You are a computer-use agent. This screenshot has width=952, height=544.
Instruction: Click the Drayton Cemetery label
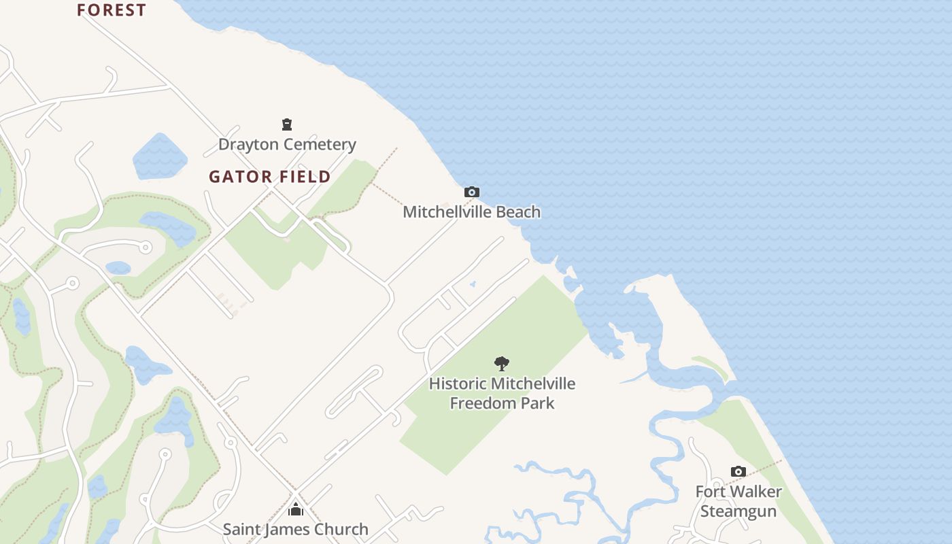click(287, 144)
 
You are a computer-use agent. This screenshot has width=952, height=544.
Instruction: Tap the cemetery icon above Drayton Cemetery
click(287, 124)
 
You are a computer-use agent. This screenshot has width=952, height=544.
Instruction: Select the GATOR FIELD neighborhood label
click(270, 177)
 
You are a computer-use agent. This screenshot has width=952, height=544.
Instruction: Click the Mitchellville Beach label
click(471, 211)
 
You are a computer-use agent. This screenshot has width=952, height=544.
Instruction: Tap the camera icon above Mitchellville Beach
click(471, 192)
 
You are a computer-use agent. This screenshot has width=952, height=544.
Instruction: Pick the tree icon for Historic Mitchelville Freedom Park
click(502, 364)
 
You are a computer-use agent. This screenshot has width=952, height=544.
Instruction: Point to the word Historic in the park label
click(457, 384)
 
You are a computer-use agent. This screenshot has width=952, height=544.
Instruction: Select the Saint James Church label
click(295, 529)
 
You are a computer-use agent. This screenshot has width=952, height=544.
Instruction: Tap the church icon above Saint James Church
click(295, 509)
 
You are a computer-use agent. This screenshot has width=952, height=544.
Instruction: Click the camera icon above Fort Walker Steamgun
click(738, 471)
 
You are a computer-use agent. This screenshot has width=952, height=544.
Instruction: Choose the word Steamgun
click(738, 511)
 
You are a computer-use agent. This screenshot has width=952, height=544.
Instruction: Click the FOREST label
click(112, 10)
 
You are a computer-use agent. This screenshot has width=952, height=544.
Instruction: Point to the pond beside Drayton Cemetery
click(160, 156)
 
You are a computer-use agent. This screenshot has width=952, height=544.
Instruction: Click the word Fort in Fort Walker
click(710, 491)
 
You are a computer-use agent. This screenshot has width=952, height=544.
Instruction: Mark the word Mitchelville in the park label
click(533, 384)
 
